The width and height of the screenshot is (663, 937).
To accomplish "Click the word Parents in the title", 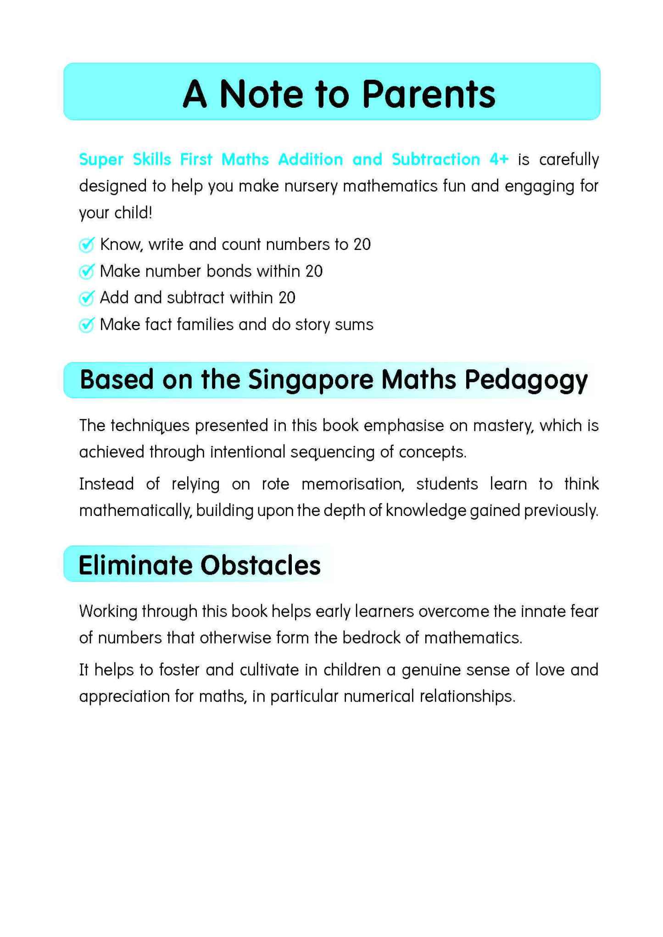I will tap(429, 94).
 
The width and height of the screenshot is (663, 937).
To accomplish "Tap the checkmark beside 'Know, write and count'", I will tap(86, 245).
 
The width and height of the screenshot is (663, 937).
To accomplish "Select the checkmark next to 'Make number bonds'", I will tap(86, 272).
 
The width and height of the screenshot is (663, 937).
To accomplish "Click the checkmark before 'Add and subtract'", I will tap(86, 298).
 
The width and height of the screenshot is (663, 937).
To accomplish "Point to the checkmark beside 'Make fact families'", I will tap(86, 325).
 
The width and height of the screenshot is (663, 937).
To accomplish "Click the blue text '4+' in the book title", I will tap(499, 159).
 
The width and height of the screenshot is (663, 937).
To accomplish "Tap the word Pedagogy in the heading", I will tap(526, 381).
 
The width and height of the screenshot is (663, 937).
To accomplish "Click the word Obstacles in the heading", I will tap(261, 565).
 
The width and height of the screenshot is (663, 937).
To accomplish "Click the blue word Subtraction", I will tap(435, 159).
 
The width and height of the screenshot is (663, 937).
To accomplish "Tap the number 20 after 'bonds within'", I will tap(314, 272).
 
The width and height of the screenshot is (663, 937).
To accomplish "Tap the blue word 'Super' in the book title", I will tap(101, 159).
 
